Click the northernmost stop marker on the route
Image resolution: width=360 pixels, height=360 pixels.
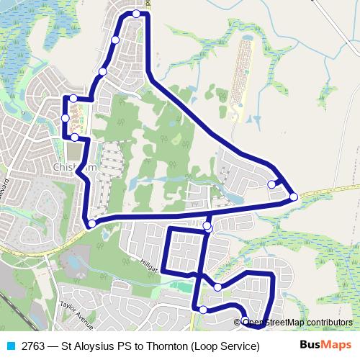[x=136, y=14]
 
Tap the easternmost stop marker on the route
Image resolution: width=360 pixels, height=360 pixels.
[x=294, y=197]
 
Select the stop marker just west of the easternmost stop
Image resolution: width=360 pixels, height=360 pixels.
[x=271, y=184]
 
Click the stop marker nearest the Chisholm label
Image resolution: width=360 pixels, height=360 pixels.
[x=75, y=137]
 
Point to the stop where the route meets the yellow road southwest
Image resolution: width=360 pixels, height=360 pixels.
[x=91, y=224]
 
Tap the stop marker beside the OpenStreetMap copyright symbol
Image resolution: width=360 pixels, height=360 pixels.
[x=246, y=321]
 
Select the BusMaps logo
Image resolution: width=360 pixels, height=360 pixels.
[x=325, y=345]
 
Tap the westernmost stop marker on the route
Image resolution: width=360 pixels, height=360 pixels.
[x=66, y=117]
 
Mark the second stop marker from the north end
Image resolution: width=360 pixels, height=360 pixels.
[x=115, y=40]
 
